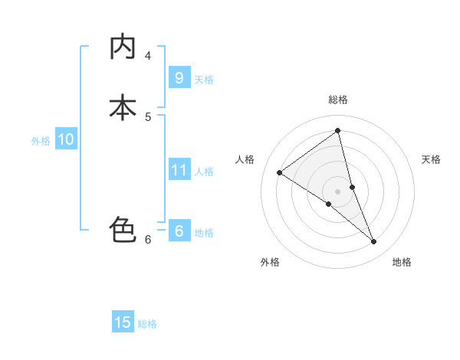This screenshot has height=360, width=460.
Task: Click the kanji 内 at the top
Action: pyautogui.click(x=123, y=47)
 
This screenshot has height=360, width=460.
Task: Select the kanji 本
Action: pyautogui.click(x=123, y=107)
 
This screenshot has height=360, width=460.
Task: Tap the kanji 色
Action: pyautogui.click(x=123, y=230)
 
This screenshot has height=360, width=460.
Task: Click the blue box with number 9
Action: pyautogui.click(x=179, y=77)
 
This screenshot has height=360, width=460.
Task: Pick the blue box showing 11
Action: pyautogui.click(x=179, y=169)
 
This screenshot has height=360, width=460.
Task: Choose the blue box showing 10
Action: pyautogui.click(x=65, y=139)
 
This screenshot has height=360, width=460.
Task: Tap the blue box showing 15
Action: pyautogui.click(x=123, y=322)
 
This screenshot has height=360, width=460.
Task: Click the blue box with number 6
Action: pyautogui.click(x=179, y=231)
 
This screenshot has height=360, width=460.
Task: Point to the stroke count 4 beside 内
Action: pyautogui.click(x=148, y=55)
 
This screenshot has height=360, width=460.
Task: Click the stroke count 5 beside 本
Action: pyautogui.click(x=148, y=116)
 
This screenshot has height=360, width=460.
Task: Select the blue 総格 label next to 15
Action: pyautogui.click(x=147, y=324)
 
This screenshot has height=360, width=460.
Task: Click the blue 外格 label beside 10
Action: pyautogui.click(x=41, y=141)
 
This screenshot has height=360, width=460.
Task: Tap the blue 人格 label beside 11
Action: pyautogui.click(x=205, y=172)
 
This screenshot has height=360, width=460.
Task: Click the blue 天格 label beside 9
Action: pyautogui.click(x=205, y=80)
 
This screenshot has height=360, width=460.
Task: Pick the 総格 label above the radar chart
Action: pyautogui.click(x=338, y=100)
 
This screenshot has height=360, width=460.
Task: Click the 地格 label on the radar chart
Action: pyautogui.click(x=402, y=262)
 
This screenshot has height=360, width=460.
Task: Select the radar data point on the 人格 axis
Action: pyautogui.click(x=279, y=172)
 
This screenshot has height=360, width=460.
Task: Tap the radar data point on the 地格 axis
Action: pyautogui.click(x=374, y=242)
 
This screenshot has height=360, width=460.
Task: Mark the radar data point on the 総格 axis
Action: pyautogui.click(x=338, y=131)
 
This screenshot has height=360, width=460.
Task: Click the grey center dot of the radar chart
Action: pyautogui.click(x=338, y=191)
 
